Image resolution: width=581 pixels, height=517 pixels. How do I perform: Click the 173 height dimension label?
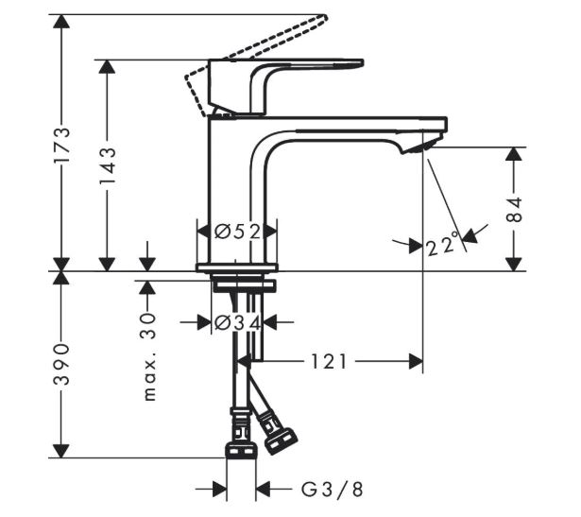click(61, 146)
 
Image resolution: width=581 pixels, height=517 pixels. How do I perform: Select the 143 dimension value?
click(108, 165)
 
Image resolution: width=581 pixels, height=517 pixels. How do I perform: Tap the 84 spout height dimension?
click(514, 210)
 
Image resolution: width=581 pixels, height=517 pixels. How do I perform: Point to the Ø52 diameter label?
click(237, 232)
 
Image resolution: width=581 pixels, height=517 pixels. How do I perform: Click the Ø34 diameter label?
click(237, 322)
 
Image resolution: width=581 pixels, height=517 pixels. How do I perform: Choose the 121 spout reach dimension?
click(329, 361)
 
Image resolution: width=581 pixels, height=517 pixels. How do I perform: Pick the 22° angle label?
click(443, 245)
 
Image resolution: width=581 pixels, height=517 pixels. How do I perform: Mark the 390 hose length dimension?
click(61, 365)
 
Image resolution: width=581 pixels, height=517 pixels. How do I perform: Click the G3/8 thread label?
click(332, 490)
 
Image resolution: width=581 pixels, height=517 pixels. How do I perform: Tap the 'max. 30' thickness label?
click(149, 357)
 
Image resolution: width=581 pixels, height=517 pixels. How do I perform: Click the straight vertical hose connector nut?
click(241, 448)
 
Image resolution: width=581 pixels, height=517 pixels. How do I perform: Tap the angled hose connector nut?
click(282, 441)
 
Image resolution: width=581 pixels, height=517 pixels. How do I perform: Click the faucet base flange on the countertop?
click(237, 267)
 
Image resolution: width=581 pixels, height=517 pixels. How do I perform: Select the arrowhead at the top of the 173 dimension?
click(61, 22)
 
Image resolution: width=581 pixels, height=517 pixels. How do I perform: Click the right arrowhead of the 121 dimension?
click(416, 361)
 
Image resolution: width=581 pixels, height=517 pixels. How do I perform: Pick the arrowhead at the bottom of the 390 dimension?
click(61, 451)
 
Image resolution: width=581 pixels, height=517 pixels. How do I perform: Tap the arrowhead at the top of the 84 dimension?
click(514, 154)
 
